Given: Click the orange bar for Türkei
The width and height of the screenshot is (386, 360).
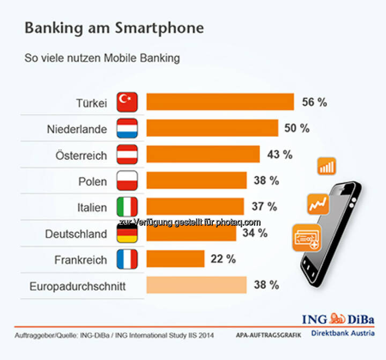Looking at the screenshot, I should click(x=220, y=102).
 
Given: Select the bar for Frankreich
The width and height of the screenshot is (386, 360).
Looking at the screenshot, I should click(x=175, y=259).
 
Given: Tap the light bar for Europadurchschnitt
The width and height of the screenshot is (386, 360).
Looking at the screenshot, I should click(x=196, y=285).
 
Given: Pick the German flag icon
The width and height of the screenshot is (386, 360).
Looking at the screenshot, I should click(x=127, y=233).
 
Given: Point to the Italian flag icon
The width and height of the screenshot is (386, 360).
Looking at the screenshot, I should click(x=127, y=207).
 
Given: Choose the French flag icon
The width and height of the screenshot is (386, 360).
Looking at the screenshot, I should click(x=127, y=259).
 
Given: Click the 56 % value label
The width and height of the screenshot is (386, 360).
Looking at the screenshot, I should click(x=314, y=102).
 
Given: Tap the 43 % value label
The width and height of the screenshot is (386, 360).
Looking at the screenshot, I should click(x=280, y=155).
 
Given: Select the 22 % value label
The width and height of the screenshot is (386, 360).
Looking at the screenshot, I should click(x=223, y=259).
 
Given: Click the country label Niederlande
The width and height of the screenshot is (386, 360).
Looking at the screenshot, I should click(x=77, y=129).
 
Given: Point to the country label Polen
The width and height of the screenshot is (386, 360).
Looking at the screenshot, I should click(x=92, y=181).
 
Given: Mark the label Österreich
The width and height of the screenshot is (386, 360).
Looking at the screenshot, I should click(x=81, y=156).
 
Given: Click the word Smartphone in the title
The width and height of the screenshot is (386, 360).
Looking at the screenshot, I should click(x=159, y=28).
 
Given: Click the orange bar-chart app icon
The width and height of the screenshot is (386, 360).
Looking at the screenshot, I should click(x=326, y=166).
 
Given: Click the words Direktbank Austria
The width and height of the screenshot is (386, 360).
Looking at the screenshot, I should click(x=343, y=333).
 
